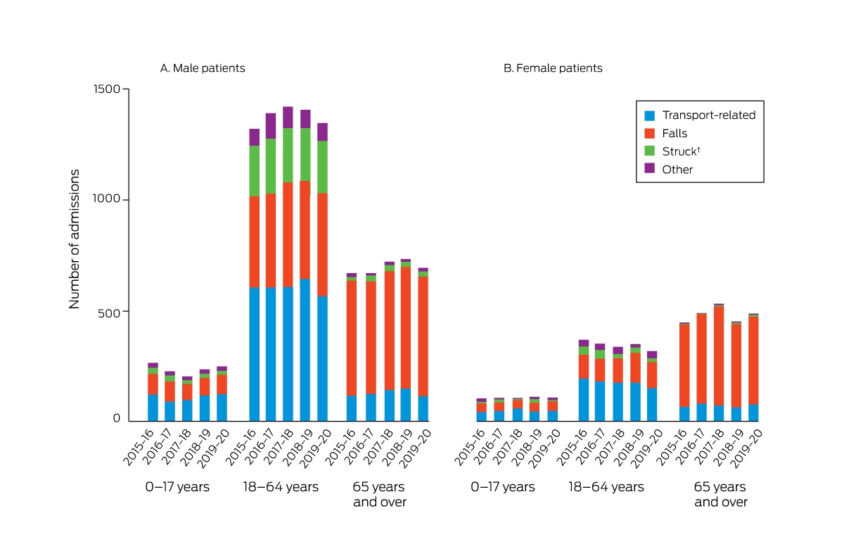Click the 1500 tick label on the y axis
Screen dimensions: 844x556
107,89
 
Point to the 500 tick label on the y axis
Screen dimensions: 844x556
109,313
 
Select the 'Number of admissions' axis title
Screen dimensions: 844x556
75,239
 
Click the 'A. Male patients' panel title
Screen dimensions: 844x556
203,68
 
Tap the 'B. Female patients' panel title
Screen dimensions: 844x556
553,68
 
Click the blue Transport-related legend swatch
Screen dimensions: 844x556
650,115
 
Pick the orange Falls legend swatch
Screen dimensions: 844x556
650,134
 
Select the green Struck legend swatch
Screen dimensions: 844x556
650,151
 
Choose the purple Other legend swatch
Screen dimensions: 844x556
650,168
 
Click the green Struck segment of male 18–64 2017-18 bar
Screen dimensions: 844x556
288,156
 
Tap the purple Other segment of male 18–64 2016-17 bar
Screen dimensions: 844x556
271,126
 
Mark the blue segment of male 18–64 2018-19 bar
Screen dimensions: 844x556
305,350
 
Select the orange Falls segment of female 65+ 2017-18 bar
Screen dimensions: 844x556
719,356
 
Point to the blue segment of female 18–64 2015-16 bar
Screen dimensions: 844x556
584,400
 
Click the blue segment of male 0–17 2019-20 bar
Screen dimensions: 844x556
222,407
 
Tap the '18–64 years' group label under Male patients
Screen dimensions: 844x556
281,486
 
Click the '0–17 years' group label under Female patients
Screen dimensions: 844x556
503,486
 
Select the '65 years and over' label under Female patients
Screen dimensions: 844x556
720,494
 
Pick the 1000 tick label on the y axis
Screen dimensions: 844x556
107,198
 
